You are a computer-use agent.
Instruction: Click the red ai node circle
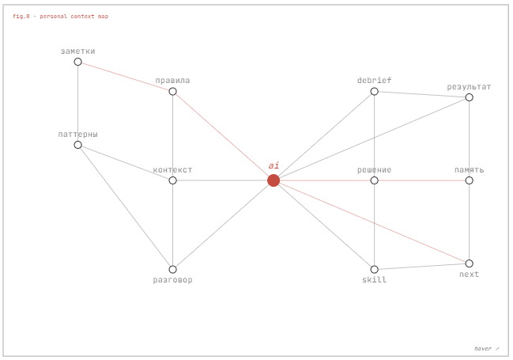273,180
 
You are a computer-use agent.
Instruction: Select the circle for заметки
78,62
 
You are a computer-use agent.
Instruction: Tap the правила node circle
173,92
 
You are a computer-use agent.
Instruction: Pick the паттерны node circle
78,145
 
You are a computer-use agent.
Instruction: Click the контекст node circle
173,180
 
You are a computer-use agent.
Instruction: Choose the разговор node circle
173,270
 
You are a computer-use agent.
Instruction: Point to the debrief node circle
375,92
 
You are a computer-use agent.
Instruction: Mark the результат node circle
470,97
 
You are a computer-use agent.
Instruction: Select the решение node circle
375,180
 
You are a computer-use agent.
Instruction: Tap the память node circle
470,180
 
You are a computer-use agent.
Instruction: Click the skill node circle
375,270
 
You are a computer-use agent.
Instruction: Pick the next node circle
470,263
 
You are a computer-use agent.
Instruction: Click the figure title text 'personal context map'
74,16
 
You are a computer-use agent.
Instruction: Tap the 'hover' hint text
483,349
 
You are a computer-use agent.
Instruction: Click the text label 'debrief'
375,80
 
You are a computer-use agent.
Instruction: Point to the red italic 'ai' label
273,165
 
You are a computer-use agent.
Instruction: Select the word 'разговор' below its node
173,280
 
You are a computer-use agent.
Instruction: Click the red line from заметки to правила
126,77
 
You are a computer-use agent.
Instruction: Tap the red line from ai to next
372,222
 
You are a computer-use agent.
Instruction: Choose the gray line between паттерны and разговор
126,207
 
